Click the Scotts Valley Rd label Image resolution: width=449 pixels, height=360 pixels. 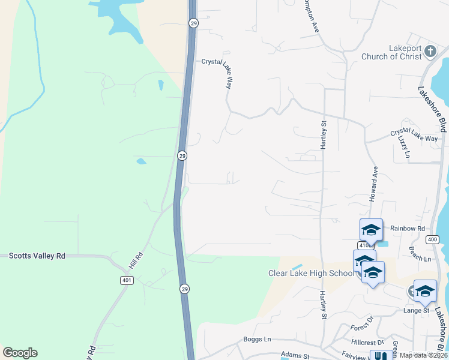[37, 256]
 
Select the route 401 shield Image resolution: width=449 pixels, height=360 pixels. [125, 280]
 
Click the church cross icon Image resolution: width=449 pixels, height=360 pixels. [430, 52]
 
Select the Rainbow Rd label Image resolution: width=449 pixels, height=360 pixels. [407, 228]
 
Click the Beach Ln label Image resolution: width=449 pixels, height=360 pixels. [420, 258]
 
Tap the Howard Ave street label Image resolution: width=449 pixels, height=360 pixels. [373, 184]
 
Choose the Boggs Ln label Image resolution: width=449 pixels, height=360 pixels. [258, 339]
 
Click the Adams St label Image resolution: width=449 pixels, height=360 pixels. [295, 356]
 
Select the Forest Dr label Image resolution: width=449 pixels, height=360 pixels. [363, 328]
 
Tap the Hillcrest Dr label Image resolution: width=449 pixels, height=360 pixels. [367, 343]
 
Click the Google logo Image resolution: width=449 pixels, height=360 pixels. [20, 353]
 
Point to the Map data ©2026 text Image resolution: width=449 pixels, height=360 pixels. [423, 355]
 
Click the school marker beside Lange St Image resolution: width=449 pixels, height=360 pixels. [425, 291]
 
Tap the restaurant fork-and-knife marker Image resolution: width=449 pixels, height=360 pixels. [379, 356]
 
